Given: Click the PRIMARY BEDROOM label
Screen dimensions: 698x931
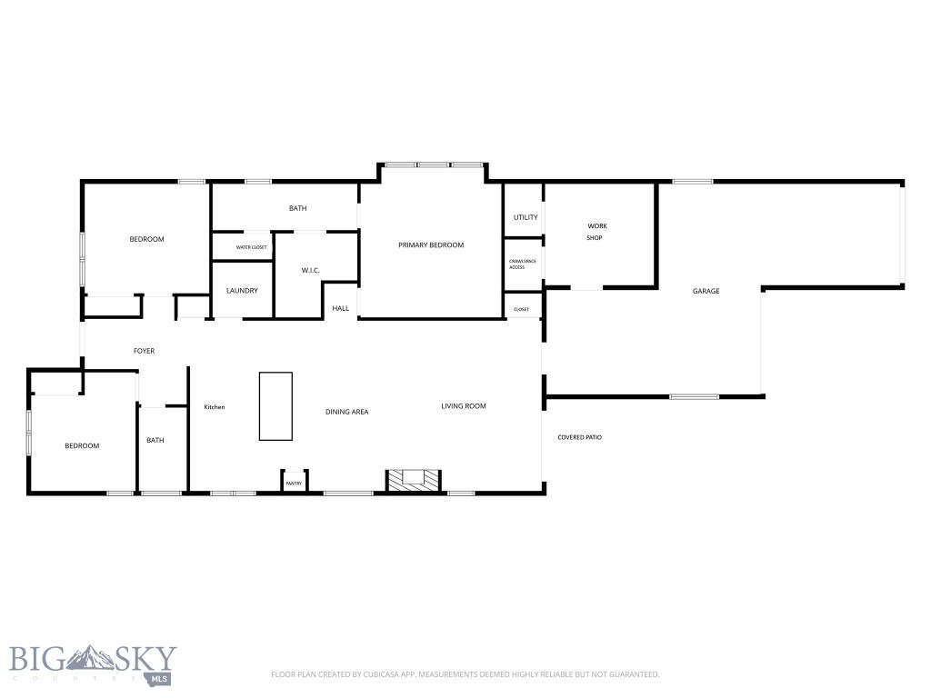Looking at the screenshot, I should coord(431,245).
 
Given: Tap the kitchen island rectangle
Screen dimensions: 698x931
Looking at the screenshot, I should coord(275,406).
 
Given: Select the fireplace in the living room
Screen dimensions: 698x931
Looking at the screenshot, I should coord(414,480).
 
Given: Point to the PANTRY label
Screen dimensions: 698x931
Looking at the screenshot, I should coord(294,484).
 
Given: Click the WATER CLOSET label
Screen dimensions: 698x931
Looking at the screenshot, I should coord(252,247).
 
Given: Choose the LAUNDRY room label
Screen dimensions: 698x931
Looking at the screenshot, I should coord(242,291).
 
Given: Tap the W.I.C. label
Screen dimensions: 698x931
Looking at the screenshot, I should coord(311,270).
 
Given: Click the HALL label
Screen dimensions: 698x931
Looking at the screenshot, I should coord(340,309).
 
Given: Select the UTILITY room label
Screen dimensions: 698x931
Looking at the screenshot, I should coord(526,217).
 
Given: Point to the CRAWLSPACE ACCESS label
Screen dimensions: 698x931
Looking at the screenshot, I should coord(516,264).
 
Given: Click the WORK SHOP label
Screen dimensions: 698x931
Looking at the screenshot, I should coord(596,232).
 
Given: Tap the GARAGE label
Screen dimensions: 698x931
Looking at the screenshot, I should coord(706,292).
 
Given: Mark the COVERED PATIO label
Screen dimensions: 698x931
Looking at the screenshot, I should coord(579,438).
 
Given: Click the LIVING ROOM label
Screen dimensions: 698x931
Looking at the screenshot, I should coord(464,406).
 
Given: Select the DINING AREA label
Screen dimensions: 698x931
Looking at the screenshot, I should coord(346,412).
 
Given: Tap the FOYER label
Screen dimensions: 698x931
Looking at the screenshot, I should coord(144,351).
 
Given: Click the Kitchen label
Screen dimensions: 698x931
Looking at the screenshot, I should coord(214,407).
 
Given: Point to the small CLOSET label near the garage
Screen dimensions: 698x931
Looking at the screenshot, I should coord(521,310).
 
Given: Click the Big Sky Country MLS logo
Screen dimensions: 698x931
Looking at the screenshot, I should coord(93,663).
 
